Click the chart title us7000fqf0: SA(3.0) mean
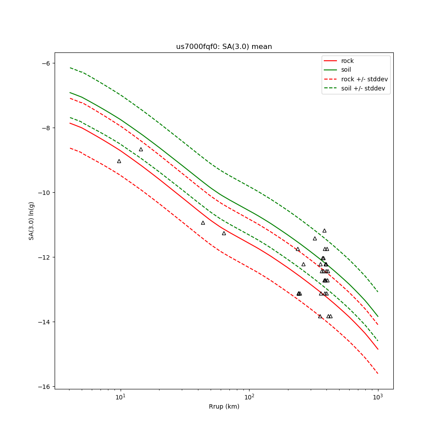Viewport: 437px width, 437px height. [224, 47]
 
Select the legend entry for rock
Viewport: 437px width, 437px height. [347, 61]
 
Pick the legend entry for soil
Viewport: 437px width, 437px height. [346, 70]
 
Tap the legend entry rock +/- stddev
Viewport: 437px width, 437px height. [364, 79]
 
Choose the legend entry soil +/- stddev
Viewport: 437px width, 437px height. [364, 88]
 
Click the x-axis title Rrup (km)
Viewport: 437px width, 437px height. [224, 407]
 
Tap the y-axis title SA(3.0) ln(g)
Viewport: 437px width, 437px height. [31, 221]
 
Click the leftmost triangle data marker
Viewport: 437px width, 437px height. [119, 161]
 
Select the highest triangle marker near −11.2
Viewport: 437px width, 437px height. [324, 231]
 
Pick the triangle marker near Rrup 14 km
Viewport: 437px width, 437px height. [141, 149]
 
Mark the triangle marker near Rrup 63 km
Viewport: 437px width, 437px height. [224, 233]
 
